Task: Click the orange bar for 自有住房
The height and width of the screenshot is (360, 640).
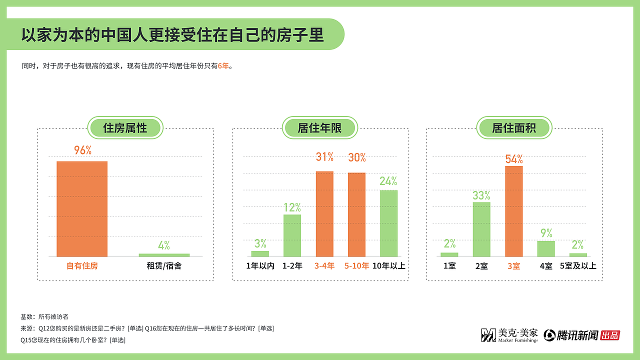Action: tap(82, 209)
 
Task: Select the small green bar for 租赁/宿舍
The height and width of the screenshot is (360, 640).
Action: tap(164, 255)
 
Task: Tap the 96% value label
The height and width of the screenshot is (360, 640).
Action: tap(82, 150)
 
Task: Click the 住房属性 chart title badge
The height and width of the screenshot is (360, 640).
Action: tap(125, 128)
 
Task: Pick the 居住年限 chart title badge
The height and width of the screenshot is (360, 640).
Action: tap(319, 128)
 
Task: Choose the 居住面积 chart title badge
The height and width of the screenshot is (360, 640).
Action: tap(514, 128)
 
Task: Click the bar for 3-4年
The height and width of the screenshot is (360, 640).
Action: tap(324, 214)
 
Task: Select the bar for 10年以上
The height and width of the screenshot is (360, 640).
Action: tap(388, 223)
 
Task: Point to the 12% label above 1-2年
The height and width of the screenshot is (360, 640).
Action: tap(292, 207)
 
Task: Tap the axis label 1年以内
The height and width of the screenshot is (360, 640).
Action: tap(260, 266)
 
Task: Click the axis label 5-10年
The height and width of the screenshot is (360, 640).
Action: tap(356, 266)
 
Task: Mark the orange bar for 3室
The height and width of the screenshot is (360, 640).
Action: tap(513, 211)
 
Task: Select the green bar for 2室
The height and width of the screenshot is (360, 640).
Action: tap(481, 229)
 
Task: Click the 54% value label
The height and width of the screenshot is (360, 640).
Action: tap(514, 159)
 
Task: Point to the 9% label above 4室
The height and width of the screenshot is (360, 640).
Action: tap(546, 233)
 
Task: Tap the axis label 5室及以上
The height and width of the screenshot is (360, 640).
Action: tap(578, 266)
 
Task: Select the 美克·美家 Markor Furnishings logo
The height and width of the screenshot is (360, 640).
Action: tap(509, 335)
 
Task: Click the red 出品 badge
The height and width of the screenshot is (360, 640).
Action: tap(610, 335)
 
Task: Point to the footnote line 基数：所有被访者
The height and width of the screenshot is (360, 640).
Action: tap(44, 316)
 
